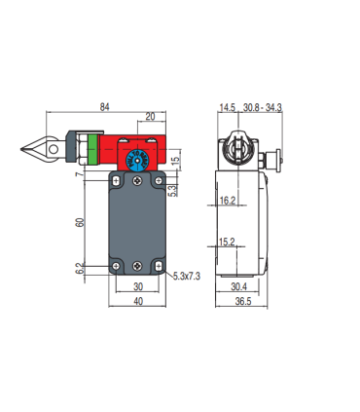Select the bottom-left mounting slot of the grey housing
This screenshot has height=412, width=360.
116,266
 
